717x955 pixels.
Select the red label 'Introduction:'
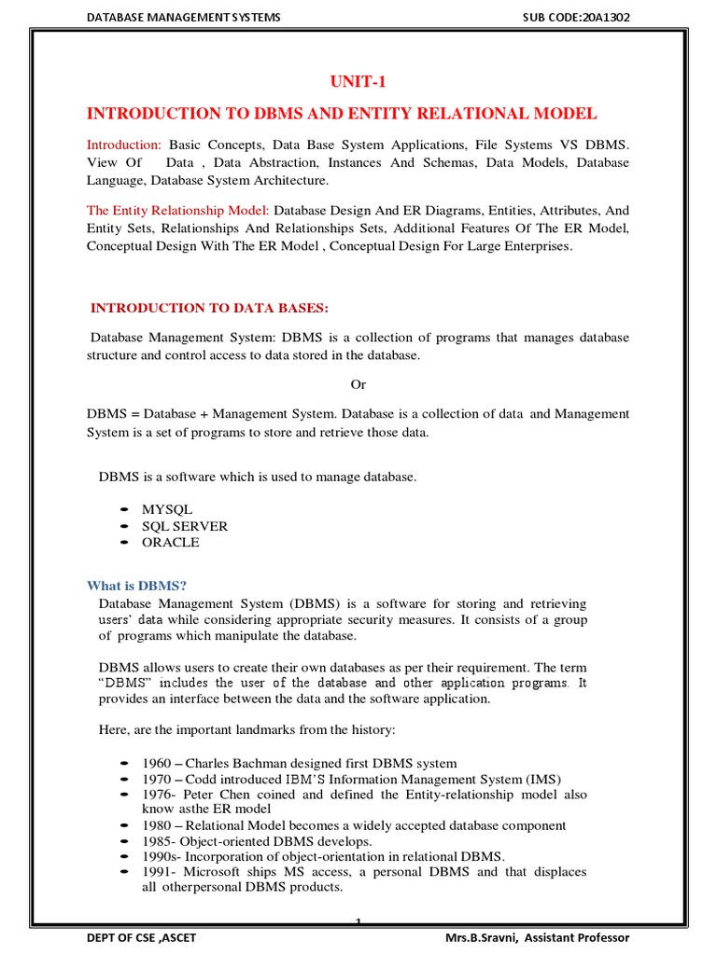point(124,145)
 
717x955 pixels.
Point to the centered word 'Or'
point(358,384)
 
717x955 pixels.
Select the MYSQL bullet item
point(167,509)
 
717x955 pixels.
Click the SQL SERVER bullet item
point(184,526)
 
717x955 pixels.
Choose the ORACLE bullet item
point(170,542)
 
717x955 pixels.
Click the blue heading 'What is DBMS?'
point(137,586)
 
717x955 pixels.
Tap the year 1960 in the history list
point(157,764)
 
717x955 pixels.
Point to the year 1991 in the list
point(157,872)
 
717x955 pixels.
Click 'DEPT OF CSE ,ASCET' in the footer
point(141,937)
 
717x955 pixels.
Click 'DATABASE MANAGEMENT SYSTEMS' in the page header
point(183,17)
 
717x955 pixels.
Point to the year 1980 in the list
point(157,825)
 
